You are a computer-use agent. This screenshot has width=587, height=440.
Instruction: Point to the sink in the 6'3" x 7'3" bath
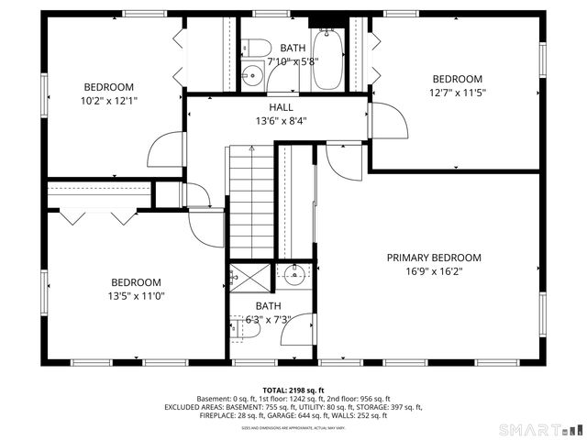coord(294,273)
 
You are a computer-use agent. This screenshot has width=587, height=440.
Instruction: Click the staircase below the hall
coord(251,202)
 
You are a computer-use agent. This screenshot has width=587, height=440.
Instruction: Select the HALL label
coord(281,106)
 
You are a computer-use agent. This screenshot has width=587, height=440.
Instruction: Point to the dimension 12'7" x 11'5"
coord(457,93)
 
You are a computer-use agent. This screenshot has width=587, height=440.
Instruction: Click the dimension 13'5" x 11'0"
coord(136,296)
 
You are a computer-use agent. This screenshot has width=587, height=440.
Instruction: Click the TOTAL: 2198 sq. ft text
coord(293,390)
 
